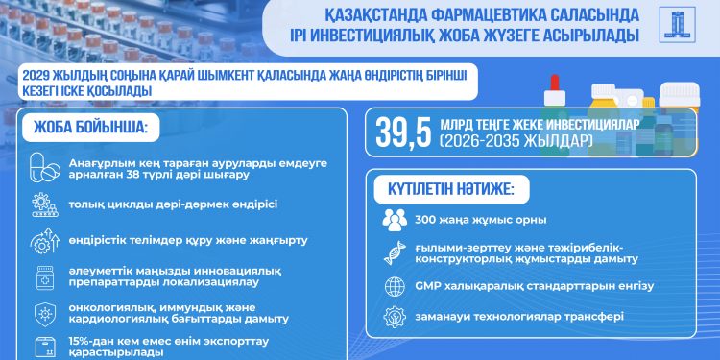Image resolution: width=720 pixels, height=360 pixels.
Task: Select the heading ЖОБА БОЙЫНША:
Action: [x=84, y=126]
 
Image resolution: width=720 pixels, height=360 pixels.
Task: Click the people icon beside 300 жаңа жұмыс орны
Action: [x=396, y=221]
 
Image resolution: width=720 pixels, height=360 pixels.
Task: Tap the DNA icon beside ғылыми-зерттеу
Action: [x=396, y=252]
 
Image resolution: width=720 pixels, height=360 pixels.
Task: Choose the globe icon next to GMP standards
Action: [x=396, y=286]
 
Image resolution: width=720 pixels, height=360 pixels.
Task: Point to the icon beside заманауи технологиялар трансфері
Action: [x=396, y=317]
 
